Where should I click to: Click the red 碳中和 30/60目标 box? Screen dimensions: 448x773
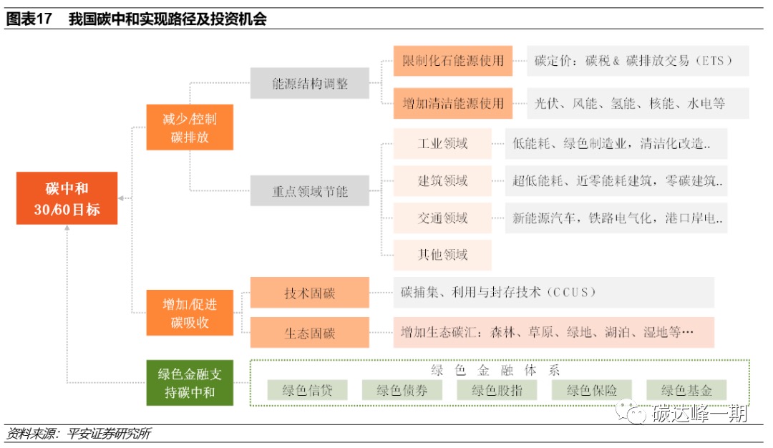(x=67, y=198)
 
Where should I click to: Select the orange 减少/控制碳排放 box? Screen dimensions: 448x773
(x=190, y=127)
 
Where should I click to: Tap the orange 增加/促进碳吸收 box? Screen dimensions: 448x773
(x=190, y=313)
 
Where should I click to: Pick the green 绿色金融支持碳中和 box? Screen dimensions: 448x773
(x=190, y=383)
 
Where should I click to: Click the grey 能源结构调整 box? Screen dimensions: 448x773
(x=310, y=83)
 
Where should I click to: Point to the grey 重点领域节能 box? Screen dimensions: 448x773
(x=310, y=191)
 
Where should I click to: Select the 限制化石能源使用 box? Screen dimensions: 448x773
(x=453, y=61)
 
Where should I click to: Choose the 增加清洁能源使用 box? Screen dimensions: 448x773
(x=453, y=103)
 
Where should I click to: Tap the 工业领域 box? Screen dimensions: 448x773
(x=442, y=143)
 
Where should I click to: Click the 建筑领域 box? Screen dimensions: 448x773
(x=442, y=180)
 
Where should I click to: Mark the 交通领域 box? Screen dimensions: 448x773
(x=442, y=218)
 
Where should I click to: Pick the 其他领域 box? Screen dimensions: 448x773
(x=442, y=255)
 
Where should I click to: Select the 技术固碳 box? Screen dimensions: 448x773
(x=310, y=293)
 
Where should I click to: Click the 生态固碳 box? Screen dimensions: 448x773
(x=310, y=333)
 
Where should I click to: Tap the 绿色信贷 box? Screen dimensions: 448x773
(x=307, y=390)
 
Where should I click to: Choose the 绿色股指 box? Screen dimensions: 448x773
(x=497, y=390)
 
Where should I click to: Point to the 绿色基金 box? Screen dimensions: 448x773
(x=686, y=390)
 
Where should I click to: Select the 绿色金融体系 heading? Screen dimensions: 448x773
(x=496, y=370)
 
